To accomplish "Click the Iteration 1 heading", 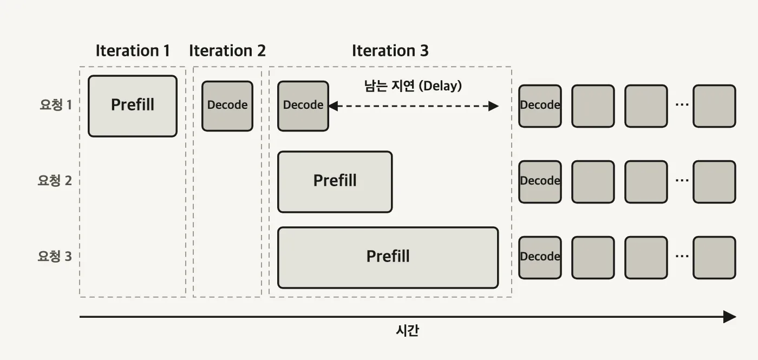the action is pyautogui.click(x=133, y=51).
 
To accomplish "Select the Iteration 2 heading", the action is pyautogui.click(x=227, y=51).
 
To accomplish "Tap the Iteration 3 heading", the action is pyautogui.click(x=390, y=51).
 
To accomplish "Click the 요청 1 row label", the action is pyautogui.click(x=55, y=104).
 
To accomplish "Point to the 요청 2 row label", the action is pyautogui.click(x=55, y=180).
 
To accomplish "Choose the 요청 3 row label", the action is pyautogui.click(x=55, y=256).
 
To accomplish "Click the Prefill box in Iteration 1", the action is pyautogui.click(x=133, y=106).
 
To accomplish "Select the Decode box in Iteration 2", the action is pyautogui.click(x=227, y=106).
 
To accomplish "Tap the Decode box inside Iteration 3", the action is pyautogui.click(x=303, y=106).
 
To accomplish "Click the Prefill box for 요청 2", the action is pyautogui.click(x=335, y=182).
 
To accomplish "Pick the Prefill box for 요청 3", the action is pyautogui.click(x=388, y=258).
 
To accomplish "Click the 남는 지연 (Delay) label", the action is pyautogui.click(x=413, y=86).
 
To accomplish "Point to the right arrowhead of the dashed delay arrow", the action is pyautogui.click(x=494, y=106).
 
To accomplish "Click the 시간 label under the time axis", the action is pyautogui.click(x=407, y=330).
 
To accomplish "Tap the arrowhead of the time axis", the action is pyautogui.click(x=730, y=317).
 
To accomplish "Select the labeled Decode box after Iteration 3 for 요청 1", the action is pyautogui.click(x=540, y=106).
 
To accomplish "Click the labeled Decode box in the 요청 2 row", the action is pyautogui.click(x=540, y=182).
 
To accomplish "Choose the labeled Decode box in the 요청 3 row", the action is pyautogui.click(x=540, y=258).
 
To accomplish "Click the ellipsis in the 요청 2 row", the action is pyautogui.click(x=682, y=180).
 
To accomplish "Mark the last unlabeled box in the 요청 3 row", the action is pyautogui.click(x=714, y=258).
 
